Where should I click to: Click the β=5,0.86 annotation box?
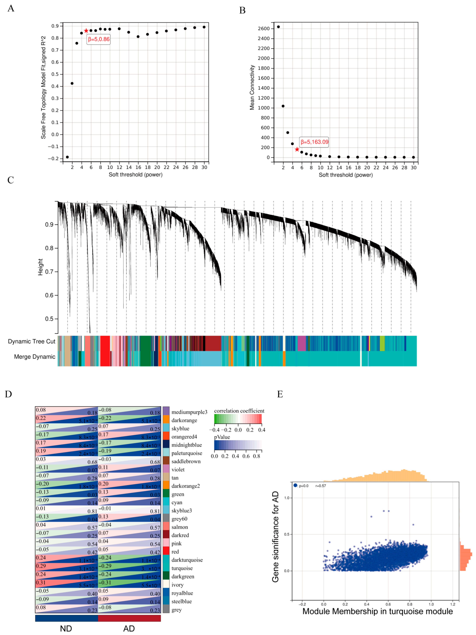(x=99, y=39)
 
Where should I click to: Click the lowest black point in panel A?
(x=67, y=157)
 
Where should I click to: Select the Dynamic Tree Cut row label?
(x=32, y=341)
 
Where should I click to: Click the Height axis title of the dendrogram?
(x=40, y=267)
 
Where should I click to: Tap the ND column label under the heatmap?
(x=66, y=628)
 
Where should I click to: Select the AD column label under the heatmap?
(x=129, y=628)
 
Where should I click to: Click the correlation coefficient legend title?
(x=239, y=411)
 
